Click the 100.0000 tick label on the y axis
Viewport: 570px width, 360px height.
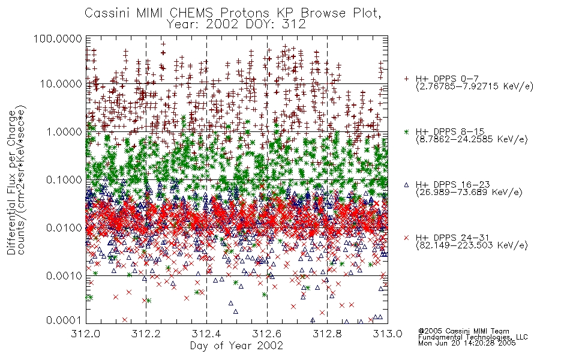coord(58,38)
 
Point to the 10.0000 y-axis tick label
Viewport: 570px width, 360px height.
coord(61,84)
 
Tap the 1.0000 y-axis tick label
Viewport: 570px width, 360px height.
coord(64,131)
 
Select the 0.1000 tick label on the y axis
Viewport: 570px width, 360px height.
coord(64,179)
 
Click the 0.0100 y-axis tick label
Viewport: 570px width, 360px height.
coord(64,228)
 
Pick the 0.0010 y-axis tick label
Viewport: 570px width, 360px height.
coord(64,276)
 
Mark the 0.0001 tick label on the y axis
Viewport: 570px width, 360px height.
coord(64,320)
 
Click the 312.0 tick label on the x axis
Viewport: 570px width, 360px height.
coord(86,334)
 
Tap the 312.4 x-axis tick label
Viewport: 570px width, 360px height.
coord(206,334)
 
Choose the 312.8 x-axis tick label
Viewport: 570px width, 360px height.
coord(327,334)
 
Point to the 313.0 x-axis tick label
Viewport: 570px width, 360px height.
coord(388,334)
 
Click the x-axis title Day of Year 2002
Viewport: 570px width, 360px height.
coord(236,346)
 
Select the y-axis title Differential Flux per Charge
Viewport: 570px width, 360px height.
coord(11,182)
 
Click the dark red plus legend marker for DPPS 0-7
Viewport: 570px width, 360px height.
coord(406,79)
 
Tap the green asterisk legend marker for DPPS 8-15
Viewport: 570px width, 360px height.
coord(406,131)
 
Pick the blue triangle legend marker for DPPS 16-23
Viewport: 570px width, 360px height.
coord(406,185)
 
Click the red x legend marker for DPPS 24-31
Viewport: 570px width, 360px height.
coord(406,238)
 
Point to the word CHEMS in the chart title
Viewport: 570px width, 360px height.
coord(192,13)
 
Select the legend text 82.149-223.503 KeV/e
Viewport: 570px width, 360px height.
coord(472,245)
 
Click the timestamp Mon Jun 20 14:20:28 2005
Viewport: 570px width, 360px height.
coord(467,343)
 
